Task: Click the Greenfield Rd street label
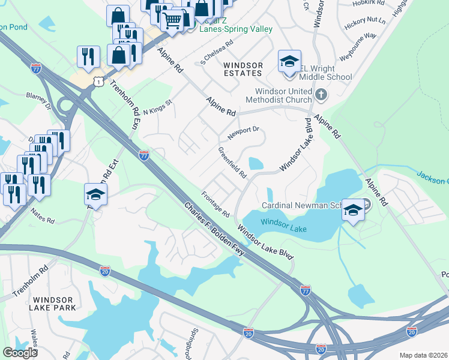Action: (x=233, y=163)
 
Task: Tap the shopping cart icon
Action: (x=173, y=21)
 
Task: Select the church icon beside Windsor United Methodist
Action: (x=321, y=94)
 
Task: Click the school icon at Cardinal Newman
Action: (x=354, y=209)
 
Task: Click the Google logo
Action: (x=20, y=353)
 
